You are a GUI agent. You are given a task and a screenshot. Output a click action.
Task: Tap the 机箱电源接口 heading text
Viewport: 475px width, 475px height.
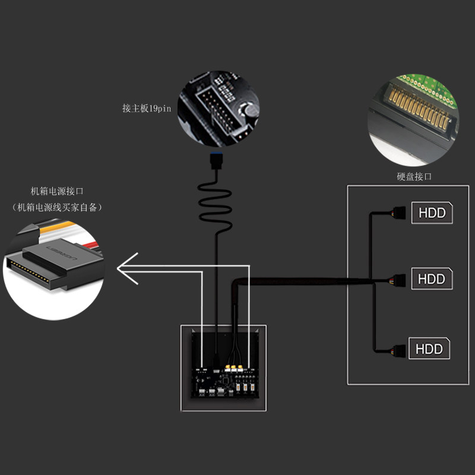pos(57,191)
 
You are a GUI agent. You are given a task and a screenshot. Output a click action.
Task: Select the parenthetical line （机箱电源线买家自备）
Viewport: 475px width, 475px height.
pos(57,207)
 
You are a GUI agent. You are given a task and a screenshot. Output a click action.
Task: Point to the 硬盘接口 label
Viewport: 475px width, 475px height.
pos(414,176)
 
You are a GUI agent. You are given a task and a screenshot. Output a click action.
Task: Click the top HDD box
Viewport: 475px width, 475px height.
pos(432,213)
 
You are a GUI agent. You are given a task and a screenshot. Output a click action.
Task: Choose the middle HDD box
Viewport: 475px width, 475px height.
pos(432,278)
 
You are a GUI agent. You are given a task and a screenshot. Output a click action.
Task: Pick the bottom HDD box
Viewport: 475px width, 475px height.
pos(429,348)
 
